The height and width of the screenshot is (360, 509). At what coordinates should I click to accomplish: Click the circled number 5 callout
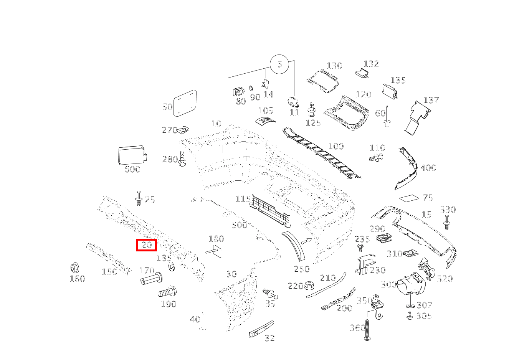[x=279, y=64]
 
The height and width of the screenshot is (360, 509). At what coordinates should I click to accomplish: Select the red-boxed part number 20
[x=146, y=245]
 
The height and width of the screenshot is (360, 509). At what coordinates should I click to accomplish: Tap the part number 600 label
[x=132, y=169]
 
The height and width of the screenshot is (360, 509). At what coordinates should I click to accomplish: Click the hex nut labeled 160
[x=74, y=268]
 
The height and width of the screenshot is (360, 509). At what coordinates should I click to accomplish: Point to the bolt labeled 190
[x=167, y=292]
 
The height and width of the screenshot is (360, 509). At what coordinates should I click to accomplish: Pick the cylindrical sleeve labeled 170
[x=151, y=279]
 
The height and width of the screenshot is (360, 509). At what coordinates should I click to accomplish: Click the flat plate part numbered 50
[x=185, y=103]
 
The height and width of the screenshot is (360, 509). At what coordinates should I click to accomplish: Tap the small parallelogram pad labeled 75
[x=409, y=198]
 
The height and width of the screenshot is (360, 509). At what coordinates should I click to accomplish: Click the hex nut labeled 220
[x=309, y=285]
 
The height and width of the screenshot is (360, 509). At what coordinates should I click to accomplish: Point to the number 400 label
[x=428, y=168]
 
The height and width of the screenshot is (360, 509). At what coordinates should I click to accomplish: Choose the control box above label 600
[x=132, y=155]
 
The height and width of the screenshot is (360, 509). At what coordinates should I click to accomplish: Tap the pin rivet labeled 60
[x=387, y=116]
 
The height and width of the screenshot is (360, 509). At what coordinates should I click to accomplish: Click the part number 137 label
[x=431, y=100]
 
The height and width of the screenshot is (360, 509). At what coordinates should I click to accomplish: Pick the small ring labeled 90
[x=251, y=88]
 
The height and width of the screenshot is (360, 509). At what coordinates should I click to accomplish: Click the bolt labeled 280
[x=182, y=159]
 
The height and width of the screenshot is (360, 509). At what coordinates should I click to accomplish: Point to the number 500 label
[x=240, y=225]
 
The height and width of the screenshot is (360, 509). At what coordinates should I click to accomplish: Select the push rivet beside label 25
[x=139, y=198]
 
